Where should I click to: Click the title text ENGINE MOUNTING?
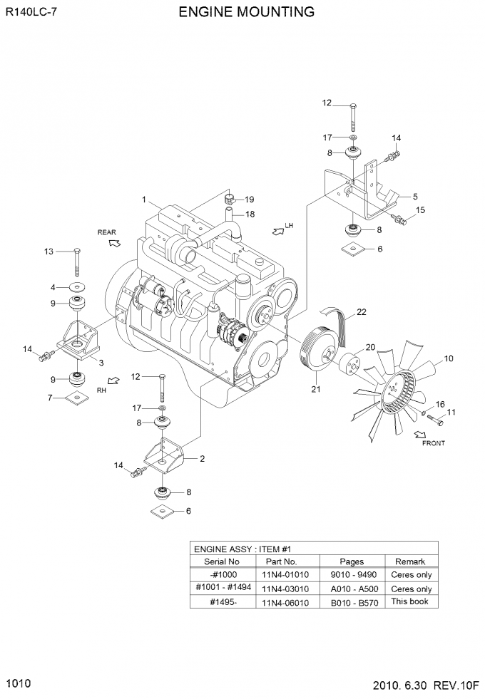[x=246, y=11]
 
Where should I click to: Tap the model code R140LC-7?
[x=31, y=12]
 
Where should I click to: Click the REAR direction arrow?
[x=115, y=242]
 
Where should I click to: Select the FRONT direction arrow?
[x=420, y=434]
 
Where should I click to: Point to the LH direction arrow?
[x=277, y=230]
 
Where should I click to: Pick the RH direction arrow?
[x=114, y=380]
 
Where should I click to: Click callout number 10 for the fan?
[x=449, y=358]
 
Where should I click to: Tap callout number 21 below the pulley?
[x=316, y=389]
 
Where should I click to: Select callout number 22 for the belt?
[x=362, y=312]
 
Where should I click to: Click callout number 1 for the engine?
[x=143, y=200]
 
